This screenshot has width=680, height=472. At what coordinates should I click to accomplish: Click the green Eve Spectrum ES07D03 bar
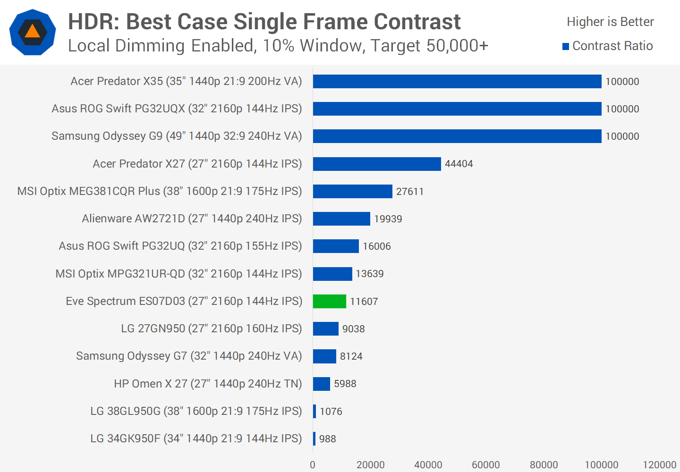329,301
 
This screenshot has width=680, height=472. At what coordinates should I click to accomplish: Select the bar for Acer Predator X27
376,164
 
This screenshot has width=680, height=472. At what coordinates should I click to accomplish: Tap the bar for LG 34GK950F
314,438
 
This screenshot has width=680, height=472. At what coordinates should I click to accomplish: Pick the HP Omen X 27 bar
321,384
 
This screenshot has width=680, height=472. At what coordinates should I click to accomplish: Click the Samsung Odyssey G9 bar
457,136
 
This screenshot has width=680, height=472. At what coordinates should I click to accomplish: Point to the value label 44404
459,164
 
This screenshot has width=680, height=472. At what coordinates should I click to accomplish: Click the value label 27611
409,191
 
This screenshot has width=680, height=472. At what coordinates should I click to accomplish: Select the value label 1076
331,411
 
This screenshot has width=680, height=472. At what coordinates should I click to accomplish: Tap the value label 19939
388,219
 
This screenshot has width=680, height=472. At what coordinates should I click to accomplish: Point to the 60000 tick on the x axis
485,465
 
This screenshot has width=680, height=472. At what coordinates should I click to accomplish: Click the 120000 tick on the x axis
659,465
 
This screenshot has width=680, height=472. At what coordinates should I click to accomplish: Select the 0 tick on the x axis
313,465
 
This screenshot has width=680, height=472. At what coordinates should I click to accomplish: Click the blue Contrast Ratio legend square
566,46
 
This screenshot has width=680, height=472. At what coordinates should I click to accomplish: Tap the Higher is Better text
610,22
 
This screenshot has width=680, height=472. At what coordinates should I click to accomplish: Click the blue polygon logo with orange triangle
33,32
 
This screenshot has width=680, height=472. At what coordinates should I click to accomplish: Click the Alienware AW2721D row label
192,219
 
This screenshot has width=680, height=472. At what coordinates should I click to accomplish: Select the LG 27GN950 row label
211,329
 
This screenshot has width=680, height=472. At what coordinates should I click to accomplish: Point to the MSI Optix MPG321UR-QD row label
178,274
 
